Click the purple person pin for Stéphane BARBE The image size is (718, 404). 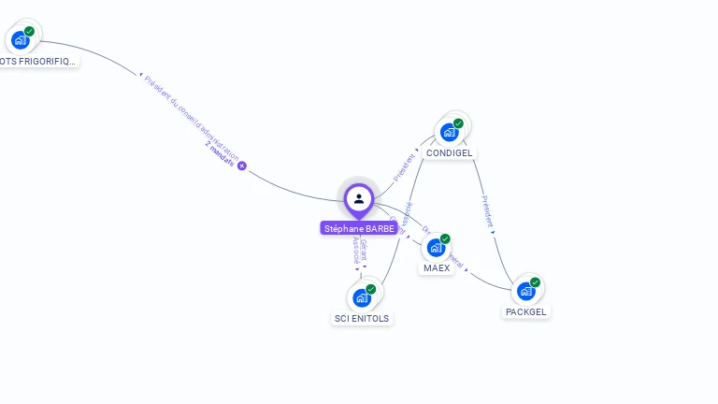[359, 198]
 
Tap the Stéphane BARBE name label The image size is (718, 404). [359, 228]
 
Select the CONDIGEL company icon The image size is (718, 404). [449, 132]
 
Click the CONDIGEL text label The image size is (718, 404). [450, 152]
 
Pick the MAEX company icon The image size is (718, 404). [436, 248]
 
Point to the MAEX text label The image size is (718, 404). [437, 267]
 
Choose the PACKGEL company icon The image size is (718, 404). [525, 292]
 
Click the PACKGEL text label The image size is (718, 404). [526, 311]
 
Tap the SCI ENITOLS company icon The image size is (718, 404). [361, 298]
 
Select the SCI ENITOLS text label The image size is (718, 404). [362, 318]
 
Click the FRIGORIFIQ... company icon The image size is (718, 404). [20, 40]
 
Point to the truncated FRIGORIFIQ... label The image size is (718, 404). [38, 61]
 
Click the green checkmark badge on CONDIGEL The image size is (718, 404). [458, 123]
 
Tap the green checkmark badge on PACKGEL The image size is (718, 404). [535, 282]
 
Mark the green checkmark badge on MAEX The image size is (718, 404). [445, 238]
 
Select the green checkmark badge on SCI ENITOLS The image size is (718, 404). [370, 289]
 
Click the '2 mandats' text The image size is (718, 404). [220, 154]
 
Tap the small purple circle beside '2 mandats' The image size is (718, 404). [242, 166]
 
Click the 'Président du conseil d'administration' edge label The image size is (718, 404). [191, 117]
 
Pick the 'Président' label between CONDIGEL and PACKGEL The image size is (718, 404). [486, 212]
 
